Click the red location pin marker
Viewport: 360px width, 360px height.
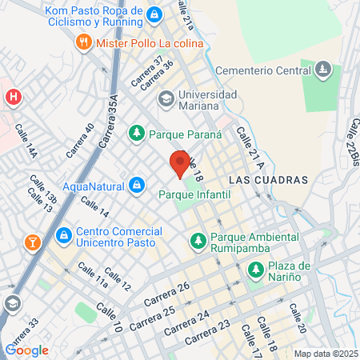click(182, 162)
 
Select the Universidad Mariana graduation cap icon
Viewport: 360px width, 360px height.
click(166, 100)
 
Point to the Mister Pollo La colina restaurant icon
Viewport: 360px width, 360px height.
click(82, 42)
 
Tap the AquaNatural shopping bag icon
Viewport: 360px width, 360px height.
click(137, 186)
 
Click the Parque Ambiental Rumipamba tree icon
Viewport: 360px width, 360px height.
click(196, 238)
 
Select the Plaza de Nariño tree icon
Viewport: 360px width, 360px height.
click(255, 270)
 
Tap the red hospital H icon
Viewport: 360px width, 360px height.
click(13, 98)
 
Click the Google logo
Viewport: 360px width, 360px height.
click(26, 350)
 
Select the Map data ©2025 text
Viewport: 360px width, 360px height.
click(324, 354)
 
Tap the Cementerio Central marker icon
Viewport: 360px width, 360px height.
click(323, 70)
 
